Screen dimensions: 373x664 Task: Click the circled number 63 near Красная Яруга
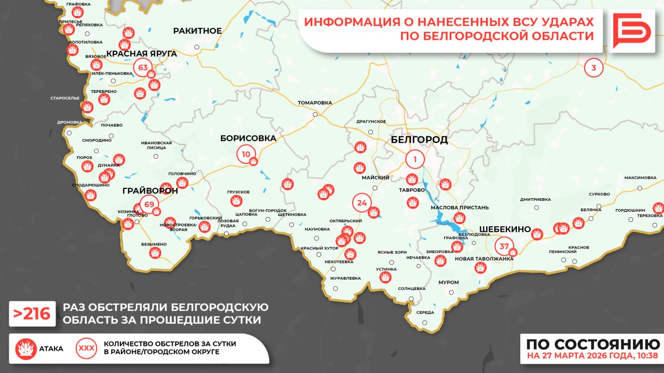pos(143,67)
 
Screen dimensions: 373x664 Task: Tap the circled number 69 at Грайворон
pos(149,204)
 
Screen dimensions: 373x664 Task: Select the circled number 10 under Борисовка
pos(246,154)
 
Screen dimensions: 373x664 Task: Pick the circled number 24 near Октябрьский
pos(362,203)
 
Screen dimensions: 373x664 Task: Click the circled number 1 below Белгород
pos(415,159)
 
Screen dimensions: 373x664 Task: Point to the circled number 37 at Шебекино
pos(504,246)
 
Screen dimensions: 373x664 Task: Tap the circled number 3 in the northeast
pos(594,67)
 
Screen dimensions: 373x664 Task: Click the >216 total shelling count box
pos(32,313)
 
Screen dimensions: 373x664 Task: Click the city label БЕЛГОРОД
pos(419,140)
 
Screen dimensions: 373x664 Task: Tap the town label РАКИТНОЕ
pos(197,31)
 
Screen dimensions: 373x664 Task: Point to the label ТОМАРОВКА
pos(315,103)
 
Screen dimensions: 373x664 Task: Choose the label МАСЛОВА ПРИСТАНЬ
pos(460,208)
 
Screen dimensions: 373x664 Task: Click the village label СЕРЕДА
pos(425,312)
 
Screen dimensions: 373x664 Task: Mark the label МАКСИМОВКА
pos(640,177)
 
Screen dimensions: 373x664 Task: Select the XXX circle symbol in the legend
pos(86,348)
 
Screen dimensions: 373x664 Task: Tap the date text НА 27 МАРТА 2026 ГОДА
pos(592,356)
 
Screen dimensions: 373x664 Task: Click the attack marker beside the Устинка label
pos(385,278)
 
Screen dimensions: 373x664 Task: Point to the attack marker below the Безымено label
pos(154,253)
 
